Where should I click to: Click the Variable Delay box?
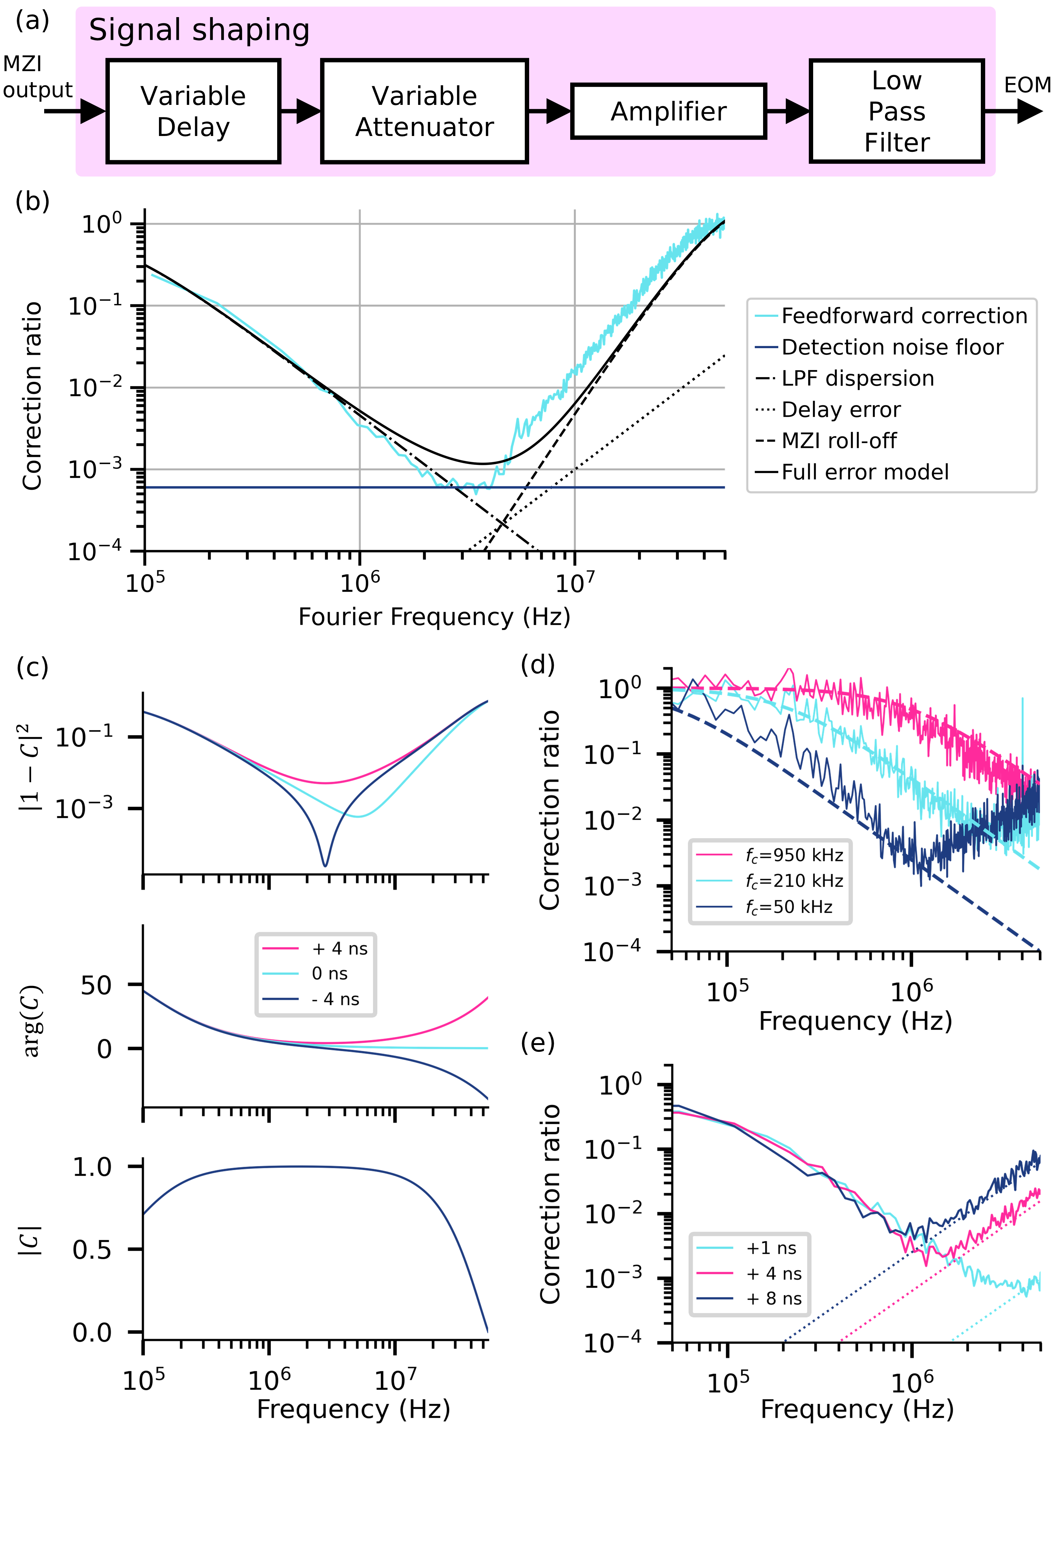click(193, 111)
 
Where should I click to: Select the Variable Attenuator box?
click(424, 111)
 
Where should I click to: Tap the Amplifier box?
click(668, 111)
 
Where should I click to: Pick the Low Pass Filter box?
click(896, 111)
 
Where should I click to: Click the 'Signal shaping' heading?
click(199, 30)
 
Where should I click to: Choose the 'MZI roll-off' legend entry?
click(839, 441)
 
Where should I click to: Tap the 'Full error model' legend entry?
click(865, 472)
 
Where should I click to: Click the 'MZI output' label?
click(37, 77)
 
